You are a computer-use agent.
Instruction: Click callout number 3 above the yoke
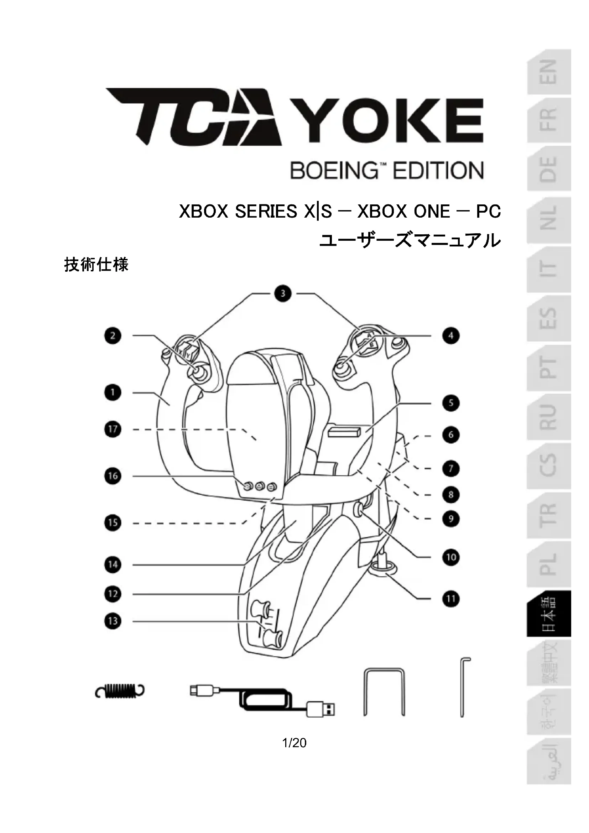coord(283,293)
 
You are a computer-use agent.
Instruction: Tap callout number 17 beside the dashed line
coord(113,429)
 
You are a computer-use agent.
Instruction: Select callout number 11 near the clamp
coord(451,599)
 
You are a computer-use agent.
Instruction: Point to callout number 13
coord(113,621)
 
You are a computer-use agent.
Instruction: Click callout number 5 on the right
coord(451,403)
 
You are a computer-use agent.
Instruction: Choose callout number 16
coord(113,476)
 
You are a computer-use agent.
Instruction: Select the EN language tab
coord(549,72)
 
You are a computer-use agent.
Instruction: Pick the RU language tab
coord(549,417)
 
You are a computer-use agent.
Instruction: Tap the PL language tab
coord(549,564)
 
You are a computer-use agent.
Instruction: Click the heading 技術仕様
coord(96,265)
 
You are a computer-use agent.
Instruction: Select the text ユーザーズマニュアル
coord(410,240)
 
